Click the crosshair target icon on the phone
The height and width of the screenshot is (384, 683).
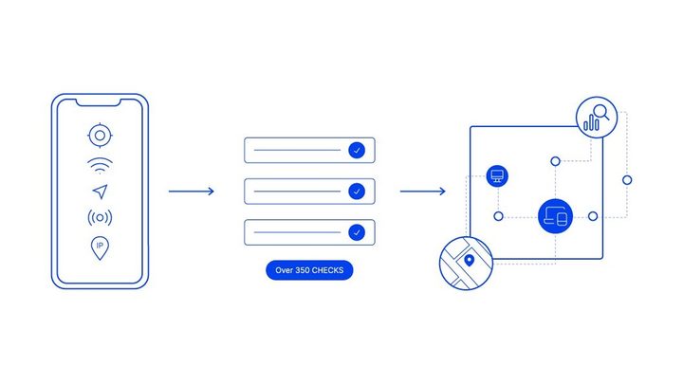click(x=100, y=136)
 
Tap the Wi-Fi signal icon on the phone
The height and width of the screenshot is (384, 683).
click(x=100, y=165)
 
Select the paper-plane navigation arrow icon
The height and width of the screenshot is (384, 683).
click(x=101, y=192)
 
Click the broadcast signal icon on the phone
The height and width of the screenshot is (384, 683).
click(x=100, y=217)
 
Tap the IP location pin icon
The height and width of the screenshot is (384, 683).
click(x=100, y=247)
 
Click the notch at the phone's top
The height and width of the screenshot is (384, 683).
click(x=99, y=103)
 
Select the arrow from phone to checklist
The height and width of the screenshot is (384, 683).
click(x=192, y=192)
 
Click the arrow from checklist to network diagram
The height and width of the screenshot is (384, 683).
click(x=422, y=192)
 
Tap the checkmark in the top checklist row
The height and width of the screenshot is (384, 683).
click(x=357, y=150)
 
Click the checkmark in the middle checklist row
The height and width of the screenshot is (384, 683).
click(x=357, y=192)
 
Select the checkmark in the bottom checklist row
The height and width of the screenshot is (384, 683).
click(x=357, y=232)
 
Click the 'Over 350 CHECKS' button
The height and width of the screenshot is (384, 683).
click(x=309, y=270)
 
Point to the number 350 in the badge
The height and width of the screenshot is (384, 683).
click(x=303, y=270)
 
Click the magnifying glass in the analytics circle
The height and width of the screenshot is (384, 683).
click(x=601, y=112)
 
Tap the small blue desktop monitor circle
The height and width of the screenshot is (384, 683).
click(x=497, y=176)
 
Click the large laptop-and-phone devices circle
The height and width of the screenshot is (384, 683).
click(x=555, y=216)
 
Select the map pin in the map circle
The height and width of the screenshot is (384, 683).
click(x=470, y=261)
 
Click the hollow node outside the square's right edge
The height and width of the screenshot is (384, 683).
click(x=627, y=180)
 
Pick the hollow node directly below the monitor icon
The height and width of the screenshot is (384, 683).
click(x=498, y=216)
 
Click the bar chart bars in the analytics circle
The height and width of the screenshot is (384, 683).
click(x=591, y=122)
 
